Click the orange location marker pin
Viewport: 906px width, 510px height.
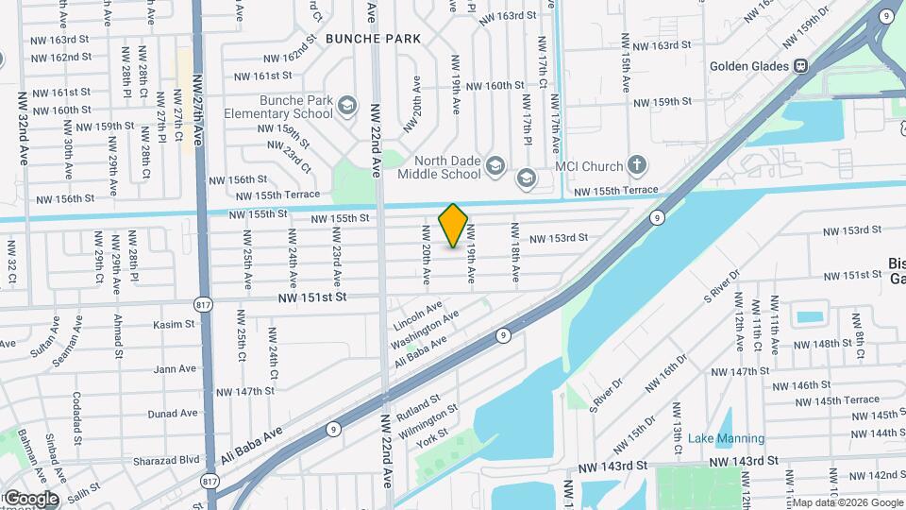coord(453,225)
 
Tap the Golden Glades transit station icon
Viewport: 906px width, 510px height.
coord(800,65)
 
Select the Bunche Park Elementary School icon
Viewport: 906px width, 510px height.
coord(346,105)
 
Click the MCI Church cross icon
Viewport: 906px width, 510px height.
coord(637,166)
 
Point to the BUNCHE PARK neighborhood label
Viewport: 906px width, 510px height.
coord(373,39)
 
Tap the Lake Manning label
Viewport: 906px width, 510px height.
coord(726,438)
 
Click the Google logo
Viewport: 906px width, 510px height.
coord(31,498)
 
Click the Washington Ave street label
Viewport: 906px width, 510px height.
coord(425,328)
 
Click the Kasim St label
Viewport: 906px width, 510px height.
coord(174,324)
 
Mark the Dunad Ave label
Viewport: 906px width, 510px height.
coord(174,413)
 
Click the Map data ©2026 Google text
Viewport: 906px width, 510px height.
coord(847,502)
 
